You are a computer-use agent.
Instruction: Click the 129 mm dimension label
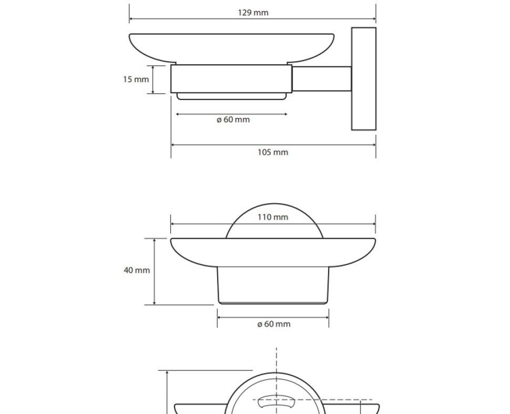point(253,13)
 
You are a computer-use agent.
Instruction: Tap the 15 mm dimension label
point(136,79)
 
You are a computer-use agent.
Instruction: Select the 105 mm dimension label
point(273,152)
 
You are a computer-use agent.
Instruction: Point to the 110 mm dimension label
point(273,217)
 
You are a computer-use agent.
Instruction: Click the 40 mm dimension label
point(137,270)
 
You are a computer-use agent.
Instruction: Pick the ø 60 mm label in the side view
point(233,120)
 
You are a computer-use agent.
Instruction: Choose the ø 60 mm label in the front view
point(274,324)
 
